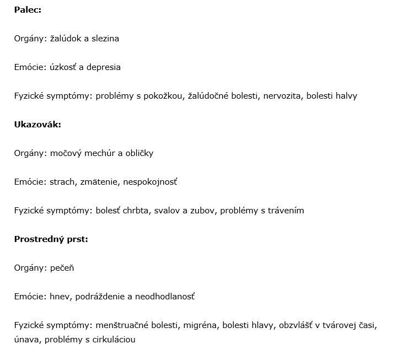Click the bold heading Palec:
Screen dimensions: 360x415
pos(28,10)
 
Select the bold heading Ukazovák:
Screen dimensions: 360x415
pos(37,125)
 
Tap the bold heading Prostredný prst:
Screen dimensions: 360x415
pos(51,239)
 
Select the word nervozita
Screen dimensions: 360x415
pos(282,96)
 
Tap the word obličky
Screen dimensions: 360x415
pos(139,153)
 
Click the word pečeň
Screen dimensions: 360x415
pos(62,268)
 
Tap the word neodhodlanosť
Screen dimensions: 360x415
pos(165,297)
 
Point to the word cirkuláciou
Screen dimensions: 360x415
pos(111,340)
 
